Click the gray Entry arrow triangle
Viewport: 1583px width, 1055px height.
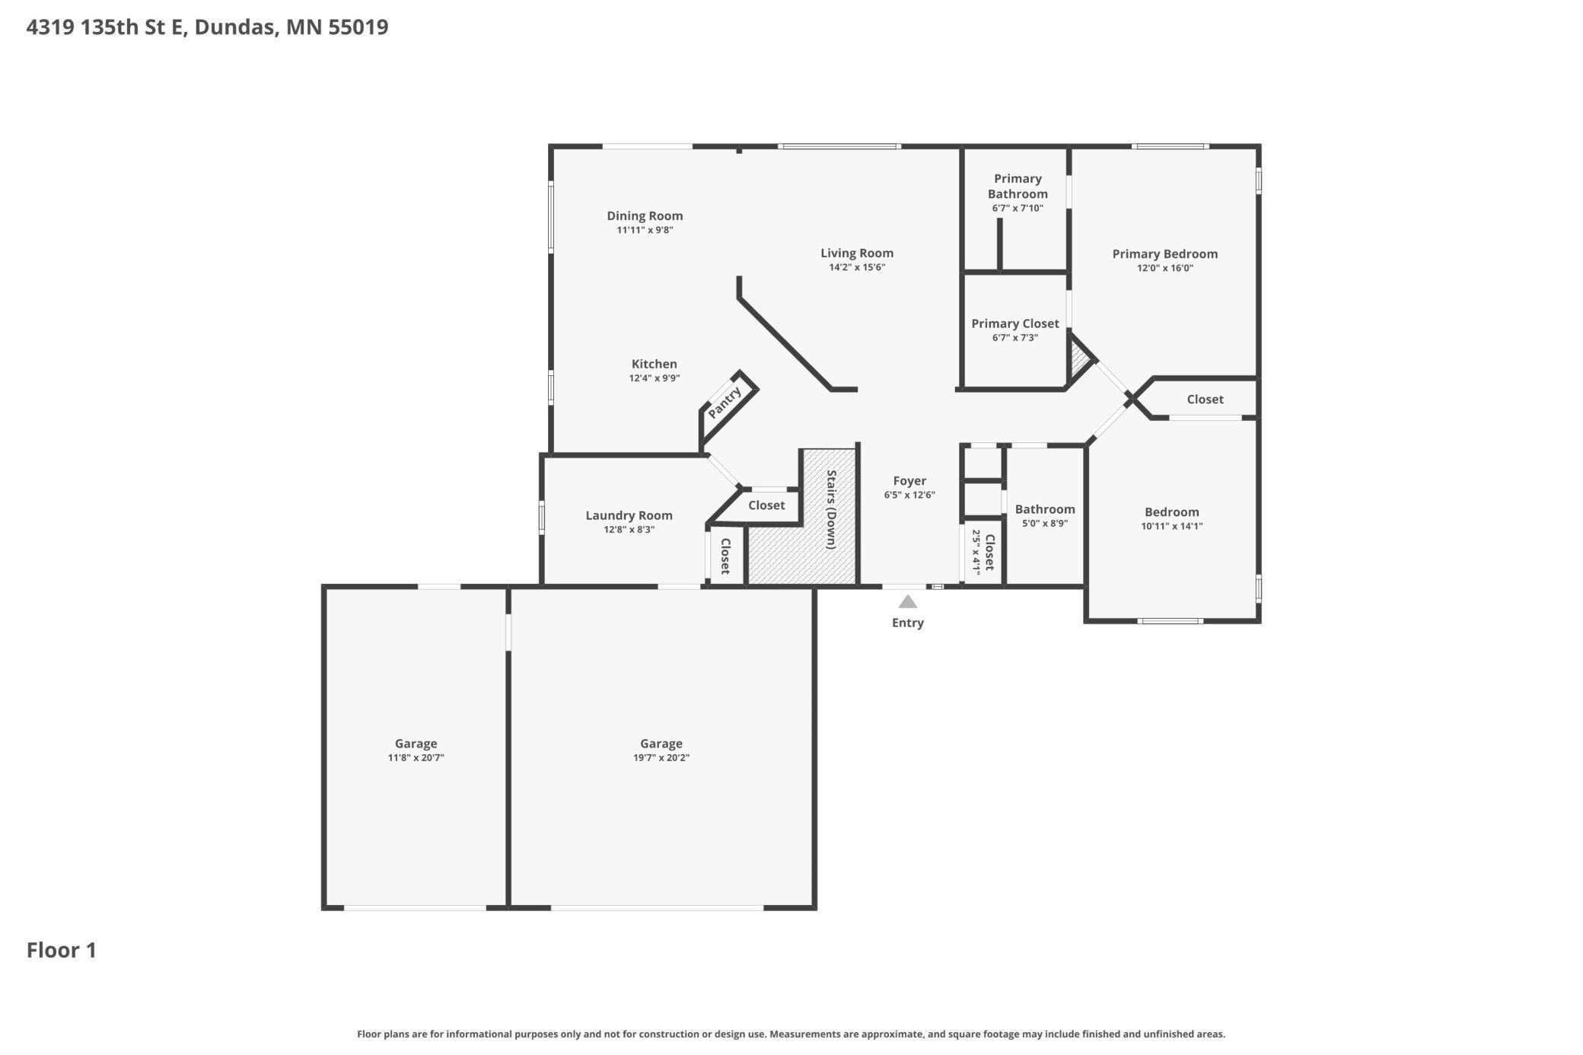tap(907, 601)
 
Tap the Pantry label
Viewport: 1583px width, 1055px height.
tap(725, 402)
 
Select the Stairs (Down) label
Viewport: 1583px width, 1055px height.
tap(832, 509)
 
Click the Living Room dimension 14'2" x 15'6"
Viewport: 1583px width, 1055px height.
tap(857, 267)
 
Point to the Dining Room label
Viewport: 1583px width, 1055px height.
tap(645, 215)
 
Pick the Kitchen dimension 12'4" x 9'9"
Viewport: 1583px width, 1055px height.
tap(655, 378)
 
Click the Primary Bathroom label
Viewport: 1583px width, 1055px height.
tap(1018, 186)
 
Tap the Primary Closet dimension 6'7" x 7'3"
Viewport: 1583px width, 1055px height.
tap(1015, 338)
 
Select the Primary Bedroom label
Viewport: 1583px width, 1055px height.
tap(1164, 253)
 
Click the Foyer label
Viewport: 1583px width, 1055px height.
tap(909, 480)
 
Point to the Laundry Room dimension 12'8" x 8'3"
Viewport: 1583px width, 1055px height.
tap(629, 530)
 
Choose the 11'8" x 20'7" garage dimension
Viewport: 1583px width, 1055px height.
tap(416, 757)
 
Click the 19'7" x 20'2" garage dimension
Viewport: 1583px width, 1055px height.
tap(661, 757)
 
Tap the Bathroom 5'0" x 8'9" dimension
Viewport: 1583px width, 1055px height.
tap(1045, 524)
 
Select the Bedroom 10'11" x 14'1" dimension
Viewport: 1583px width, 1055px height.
tap(1172, 526)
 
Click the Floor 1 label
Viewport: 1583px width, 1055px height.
tap(62, 950)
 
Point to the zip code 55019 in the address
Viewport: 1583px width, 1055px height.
tap(358, 27)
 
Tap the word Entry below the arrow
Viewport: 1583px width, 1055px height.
tap(908, 623)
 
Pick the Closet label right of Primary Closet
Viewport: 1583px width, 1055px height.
tap(1206, 399)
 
